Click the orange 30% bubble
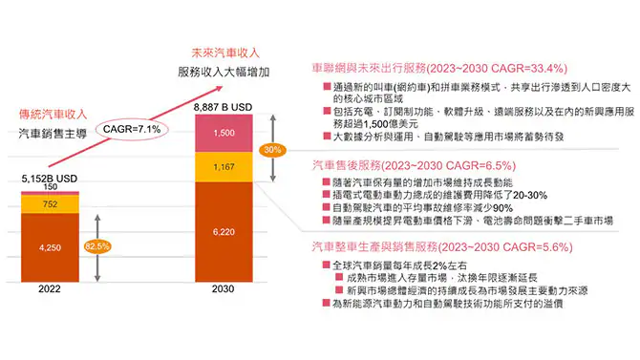[273, 150]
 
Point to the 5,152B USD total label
[49, 179]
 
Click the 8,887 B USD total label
[222, 107]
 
